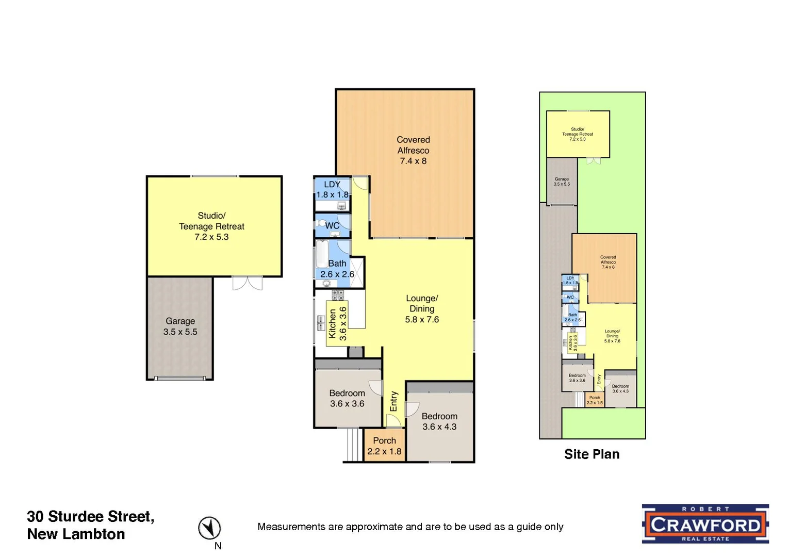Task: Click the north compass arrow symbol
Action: [x=209, y=528]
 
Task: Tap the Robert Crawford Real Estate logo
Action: [x=705, y=523]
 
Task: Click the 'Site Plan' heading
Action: [x=592, y=454]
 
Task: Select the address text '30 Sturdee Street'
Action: [x=90, y=516]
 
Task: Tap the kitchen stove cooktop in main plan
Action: [x=338, y=295]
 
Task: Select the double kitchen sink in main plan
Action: [x=321, y=322]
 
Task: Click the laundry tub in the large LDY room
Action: [x=341, y=206]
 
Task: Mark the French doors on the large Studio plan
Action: [x=247, y=283]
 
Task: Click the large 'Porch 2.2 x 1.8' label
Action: [x=384, y=446]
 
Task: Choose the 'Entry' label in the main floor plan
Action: [x=394, y=401]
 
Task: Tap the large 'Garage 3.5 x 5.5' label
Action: [x=180, y=326]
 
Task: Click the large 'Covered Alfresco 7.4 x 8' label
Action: [x=413, y=150]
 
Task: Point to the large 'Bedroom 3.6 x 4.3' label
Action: [x=439, y=421]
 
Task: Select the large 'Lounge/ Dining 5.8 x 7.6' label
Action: [x=422, y=309]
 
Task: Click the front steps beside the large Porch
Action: [x=353, y=445]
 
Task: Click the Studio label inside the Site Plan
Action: [x=577, y=134]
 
